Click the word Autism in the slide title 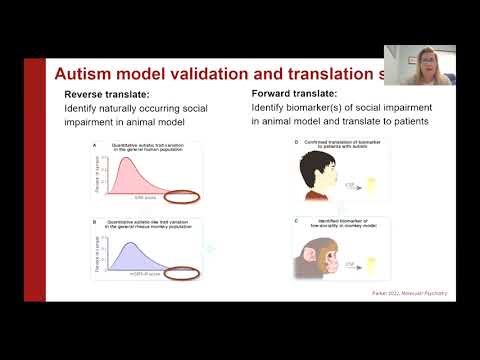(x=82, y=74)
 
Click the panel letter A (x=94, y=144)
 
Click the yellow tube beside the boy (x=398, y=184)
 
